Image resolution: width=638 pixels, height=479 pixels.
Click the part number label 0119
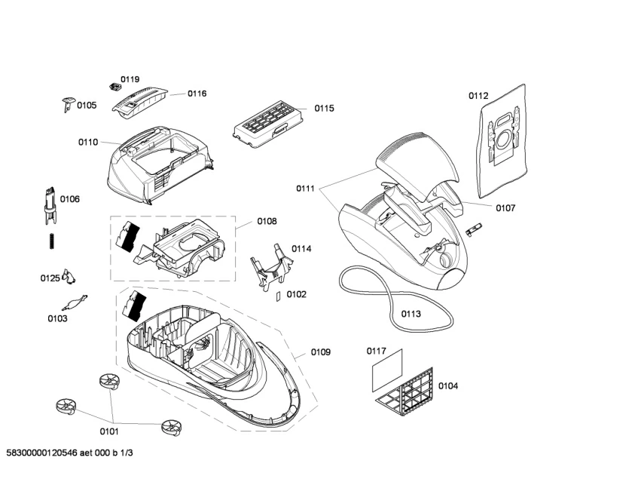click(130, 79)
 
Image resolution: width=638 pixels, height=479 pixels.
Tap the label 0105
click(87, 106)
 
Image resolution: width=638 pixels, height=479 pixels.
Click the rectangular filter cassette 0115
click(267, 121)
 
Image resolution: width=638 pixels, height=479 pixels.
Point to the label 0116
click(197, 94)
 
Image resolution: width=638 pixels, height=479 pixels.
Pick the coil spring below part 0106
click(50, 241)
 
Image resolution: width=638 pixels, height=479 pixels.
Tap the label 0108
click(267, 222)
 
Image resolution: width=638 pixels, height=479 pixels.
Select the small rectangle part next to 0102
click(276, 296)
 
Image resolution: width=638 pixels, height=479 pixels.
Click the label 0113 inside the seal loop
click(411, 314)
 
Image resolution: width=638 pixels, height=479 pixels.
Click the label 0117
click(377, 351)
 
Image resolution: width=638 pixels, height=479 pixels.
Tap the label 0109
click(321, 352)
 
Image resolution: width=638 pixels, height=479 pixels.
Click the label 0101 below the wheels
click(110, 432)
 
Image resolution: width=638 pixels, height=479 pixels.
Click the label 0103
click(57, 319)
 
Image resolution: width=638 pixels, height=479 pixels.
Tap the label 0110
click(87, 142)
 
